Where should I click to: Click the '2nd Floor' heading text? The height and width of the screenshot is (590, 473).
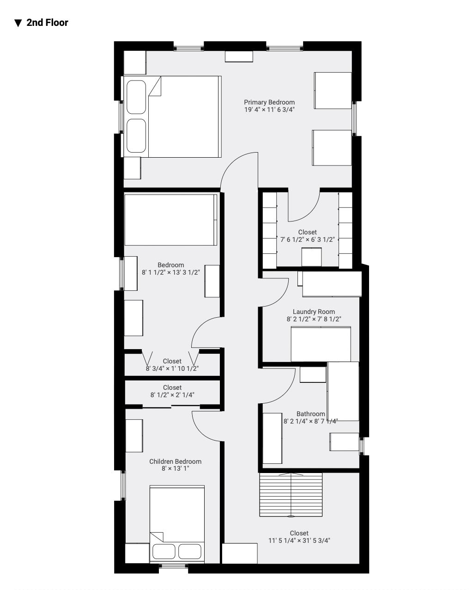[47, 23]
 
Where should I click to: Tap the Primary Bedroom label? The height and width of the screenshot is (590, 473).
[269, 102]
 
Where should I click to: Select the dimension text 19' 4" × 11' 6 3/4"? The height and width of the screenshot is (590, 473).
[269, 110]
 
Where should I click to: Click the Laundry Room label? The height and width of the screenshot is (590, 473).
[314, 312]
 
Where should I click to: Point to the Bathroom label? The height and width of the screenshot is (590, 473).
[310, 414]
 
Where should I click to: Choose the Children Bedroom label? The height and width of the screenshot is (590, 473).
[175, 461]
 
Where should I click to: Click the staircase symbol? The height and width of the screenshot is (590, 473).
[291, 495]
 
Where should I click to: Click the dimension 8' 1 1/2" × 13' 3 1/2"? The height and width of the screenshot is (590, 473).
[171, 272]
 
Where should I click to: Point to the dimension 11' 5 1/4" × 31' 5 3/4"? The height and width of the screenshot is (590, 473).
[299, 540]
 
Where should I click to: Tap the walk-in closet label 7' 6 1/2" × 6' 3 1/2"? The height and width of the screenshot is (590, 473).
[307, 240]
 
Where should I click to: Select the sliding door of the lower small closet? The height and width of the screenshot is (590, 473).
[171, 406]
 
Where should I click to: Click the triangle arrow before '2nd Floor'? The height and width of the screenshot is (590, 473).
[18, 23]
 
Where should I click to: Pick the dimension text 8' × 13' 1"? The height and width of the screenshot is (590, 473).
[175, 468]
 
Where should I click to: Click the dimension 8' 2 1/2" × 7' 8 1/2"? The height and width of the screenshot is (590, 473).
[314, 319]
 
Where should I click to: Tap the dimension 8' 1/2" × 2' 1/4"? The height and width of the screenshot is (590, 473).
[172, 395]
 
